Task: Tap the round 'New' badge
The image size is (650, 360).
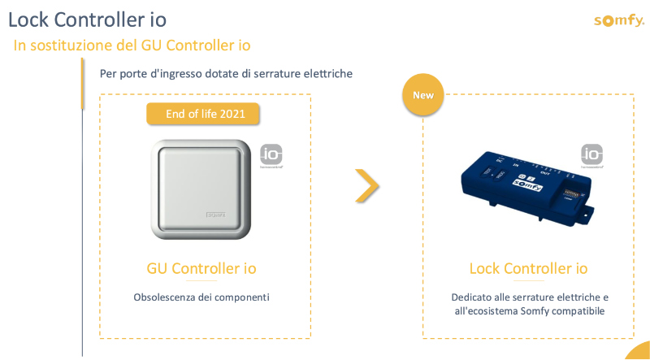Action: click(423, 95)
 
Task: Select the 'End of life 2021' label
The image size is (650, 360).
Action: click(202, 115)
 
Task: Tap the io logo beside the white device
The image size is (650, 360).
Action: click(271, 154)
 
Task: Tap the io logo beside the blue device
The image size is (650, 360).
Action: click(591, 154)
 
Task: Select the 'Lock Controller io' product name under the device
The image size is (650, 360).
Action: click(528, 268)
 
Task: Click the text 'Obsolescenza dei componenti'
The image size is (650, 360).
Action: click(201, 297)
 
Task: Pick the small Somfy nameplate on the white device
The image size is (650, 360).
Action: click(214, 215)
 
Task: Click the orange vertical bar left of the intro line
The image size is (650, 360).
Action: click(82, 83)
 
